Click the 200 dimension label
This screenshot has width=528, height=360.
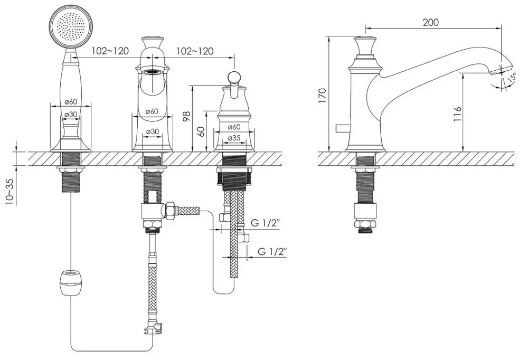(x=431, y=22)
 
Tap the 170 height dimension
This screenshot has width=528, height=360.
(x=322, y=96)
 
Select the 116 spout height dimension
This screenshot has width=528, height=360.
(x=456, y=114)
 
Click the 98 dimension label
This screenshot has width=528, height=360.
(x=187, y=116)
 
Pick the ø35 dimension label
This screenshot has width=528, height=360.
(x=234, y=138)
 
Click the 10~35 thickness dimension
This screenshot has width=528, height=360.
(x=10, y=192)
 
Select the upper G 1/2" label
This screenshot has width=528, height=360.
(x=266, y=223)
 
